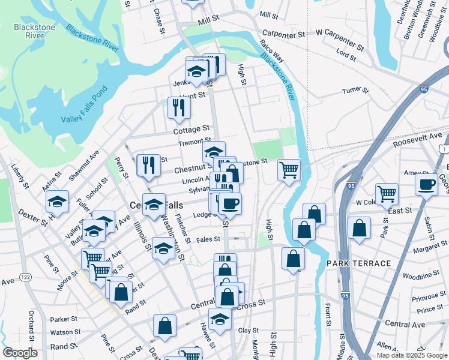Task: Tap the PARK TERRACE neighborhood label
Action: [358, 263]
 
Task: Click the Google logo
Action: [20, 352]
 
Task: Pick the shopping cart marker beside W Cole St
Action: [387, 193]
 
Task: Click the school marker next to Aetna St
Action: [57, 201]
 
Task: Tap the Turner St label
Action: [354, 91]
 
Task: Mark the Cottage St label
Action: [191, 129]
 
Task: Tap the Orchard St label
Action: [32, 325]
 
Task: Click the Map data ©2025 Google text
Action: [412, 355]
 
